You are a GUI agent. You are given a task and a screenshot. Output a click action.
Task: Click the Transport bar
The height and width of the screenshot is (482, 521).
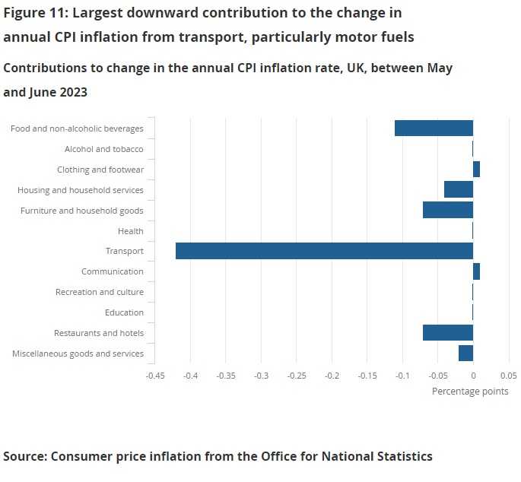tap(324, 251)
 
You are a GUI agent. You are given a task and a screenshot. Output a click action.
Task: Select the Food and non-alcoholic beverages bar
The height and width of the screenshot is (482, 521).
tap(434, 128)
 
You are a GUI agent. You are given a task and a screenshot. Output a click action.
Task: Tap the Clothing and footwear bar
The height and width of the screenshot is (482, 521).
tap(476, 170)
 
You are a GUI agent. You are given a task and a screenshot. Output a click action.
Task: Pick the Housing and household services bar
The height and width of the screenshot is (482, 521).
tap(459, 189)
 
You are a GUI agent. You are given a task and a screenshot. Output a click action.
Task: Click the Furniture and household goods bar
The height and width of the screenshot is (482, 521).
tap(448, 210)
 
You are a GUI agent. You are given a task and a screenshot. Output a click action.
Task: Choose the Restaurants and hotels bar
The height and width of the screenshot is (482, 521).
tap(448, 332)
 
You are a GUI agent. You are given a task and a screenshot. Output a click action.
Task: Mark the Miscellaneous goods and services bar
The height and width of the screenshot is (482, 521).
tap(465, 353)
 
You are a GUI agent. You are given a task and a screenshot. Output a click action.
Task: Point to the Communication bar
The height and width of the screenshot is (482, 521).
tap(476, 271)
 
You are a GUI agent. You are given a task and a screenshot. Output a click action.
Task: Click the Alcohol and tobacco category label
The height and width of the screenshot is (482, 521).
tap(104, 149)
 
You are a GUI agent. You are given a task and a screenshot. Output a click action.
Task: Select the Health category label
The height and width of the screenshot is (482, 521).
tap(131, 231)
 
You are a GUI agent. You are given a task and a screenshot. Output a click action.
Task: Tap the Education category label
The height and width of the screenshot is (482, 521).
tap(124, 312)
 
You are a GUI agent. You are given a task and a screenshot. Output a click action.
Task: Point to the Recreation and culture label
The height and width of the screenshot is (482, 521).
tap(100, 292)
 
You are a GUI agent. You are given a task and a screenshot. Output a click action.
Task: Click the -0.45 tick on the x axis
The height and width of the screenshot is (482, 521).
tap(155, 375)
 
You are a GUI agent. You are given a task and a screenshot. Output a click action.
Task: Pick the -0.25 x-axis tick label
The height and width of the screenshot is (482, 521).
tap(297, 375)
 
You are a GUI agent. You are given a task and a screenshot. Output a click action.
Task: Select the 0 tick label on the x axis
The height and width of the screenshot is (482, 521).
tap(473, 375)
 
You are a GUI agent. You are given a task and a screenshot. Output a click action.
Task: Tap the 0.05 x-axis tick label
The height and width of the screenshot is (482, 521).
tap(508, 375)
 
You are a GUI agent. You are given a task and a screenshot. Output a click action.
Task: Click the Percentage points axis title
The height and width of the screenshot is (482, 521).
tap(470, 392)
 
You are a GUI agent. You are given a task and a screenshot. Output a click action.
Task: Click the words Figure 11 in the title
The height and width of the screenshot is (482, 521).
tap(35, 13)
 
